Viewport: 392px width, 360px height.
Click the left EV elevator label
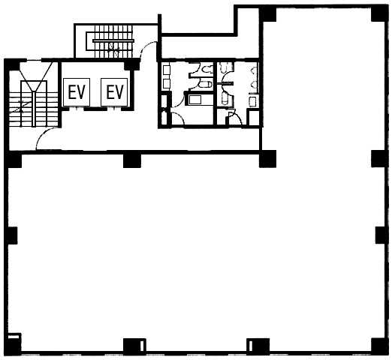[77, 92]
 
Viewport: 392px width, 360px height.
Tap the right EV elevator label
[115, 92]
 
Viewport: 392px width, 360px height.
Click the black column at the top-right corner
[379, 14]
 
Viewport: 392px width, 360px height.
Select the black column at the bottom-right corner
[379, 346]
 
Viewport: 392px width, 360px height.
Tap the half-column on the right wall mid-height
[381, 235]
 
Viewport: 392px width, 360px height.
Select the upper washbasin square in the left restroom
[167, 70]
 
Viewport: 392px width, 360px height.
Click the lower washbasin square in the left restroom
[167, 83]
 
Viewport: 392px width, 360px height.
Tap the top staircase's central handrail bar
[113, 40]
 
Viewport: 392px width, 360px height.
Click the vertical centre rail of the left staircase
[34, 109]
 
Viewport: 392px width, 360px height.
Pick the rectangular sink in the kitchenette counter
[195, 100]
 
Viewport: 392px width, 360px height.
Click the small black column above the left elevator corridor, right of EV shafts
[131, 64]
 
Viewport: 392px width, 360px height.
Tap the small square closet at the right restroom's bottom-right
[253, 117]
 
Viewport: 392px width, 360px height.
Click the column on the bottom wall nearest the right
[258, 346]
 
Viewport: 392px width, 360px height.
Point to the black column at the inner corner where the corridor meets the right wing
[268, 158]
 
